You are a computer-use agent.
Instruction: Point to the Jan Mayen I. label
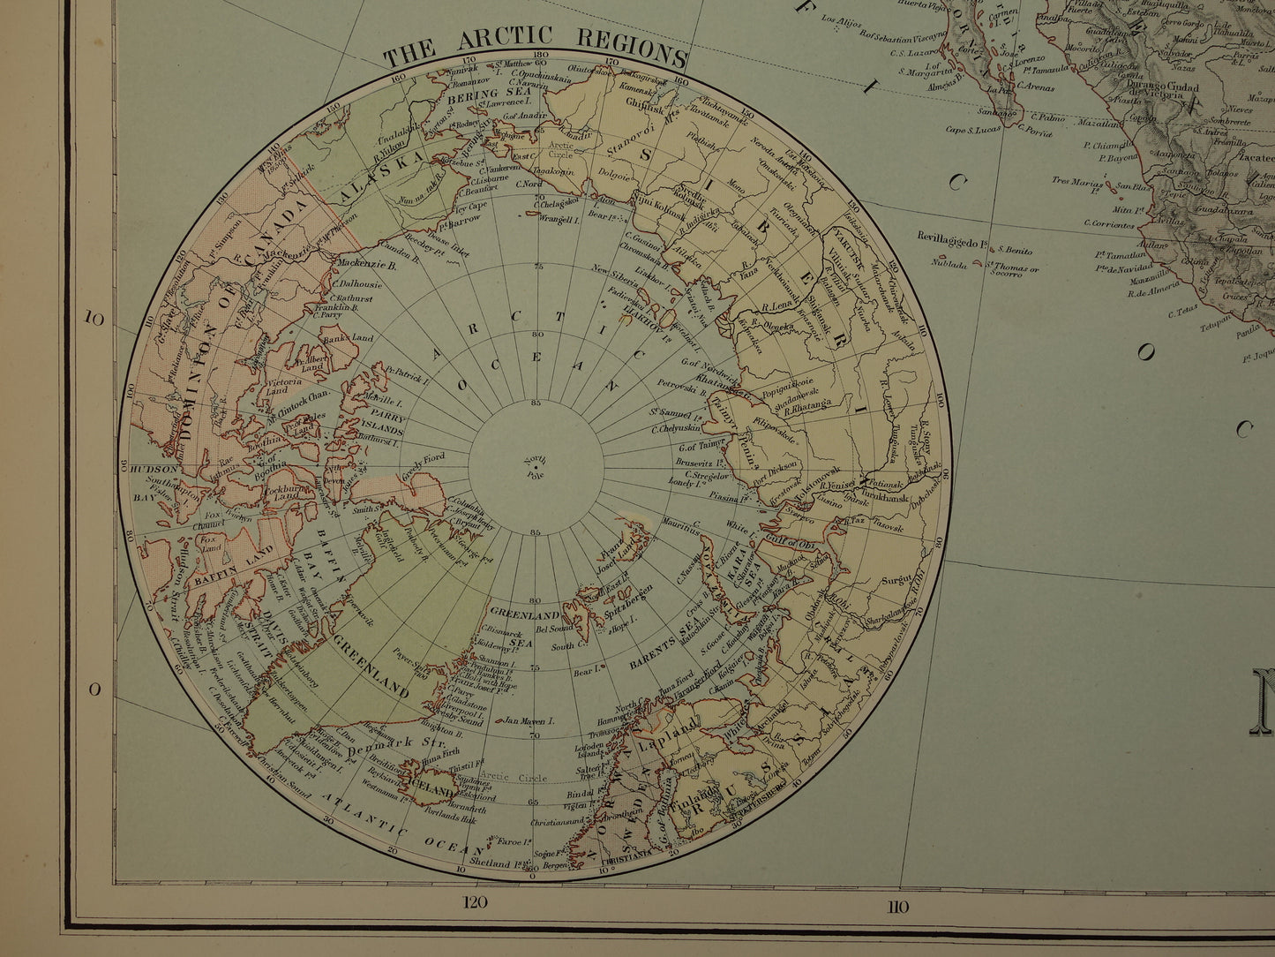point(529,721)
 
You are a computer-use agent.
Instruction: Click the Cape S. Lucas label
point(975,130)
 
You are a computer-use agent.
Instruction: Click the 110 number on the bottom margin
point(897,906)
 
